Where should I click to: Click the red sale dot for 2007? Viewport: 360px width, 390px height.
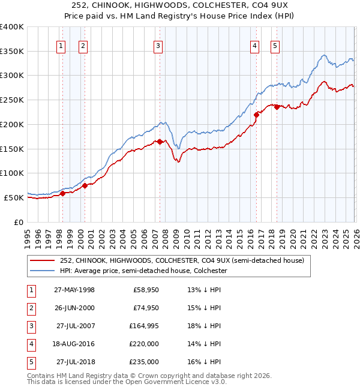[x=160, y=142]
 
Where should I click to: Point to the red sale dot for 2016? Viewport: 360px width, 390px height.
[x=256, y=114]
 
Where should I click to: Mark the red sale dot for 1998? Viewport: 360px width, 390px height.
[x=62, y=193]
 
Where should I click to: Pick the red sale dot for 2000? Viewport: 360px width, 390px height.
[x=85, y=185]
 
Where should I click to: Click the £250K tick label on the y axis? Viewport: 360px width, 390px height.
[x=12, y=100]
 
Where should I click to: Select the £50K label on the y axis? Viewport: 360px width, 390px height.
[x=14, y=197]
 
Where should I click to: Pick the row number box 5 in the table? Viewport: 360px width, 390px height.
[x=30, y=362]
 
